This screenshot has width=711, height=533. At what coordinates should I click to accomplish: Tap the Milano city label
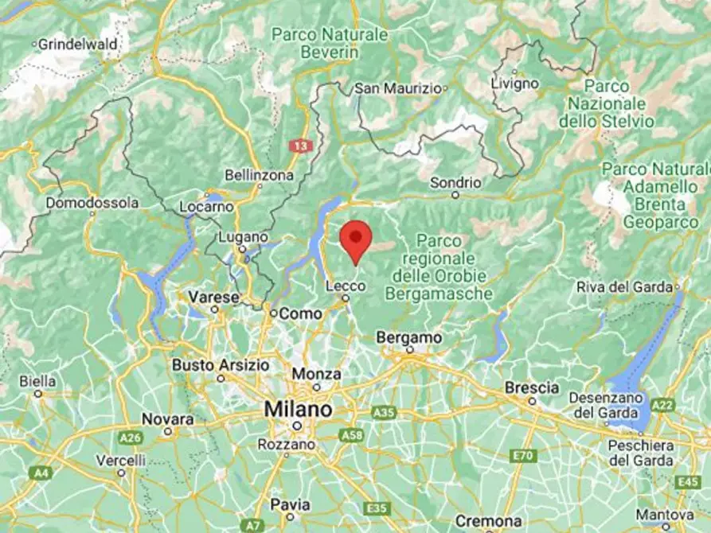pyautogui.click(x=299, y=410)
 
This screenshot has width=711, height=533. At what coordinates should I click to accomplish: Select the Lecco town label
pyautogui.click(x=345, y=285)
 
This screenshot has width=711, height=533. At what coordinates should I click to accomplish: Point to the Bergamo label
pyautogui.click(x=409, y=337)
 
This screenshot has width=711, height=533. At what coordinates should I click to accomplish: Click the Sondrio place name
pyautogui.click(x=455, y=182)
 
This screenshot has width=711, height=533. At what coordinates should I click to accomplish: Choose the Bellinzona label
pyautogui.click(x=260, y=174)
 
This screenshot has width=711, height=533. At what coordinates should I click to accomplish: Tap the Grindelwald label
pyautogui.click(x=77, y=44)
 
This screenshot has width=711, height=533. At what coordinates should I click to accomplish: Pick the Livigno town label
pyautogui.click(x=514, y=83)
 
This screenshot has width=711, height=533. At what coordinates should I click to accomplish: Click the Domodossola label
pyautogui.click(x=92, y=203)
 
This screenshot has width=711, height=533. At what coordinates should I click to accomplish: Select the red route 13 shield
pyautogui.click(x=299, y=146)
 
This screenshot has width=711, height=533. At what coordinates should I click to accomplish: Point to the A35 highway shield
pyautogui.click(x=384, y=412)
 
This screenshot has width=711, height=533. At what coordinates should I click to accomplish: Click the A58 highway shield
pyautogui.click(x=350, y=435)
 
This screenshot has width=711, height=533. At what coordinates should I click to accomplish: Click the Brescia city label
pyautogui.click(x=532, y=387)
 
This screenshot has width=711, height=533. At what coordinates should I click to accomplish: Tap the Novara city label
pyautogui.click(x=167, y=418)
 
